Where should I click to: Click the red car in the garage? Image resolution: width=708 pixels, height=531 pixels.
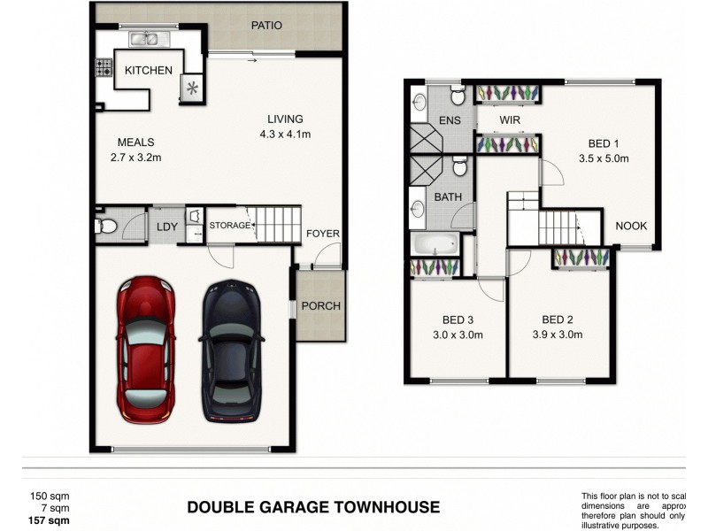pos(147,348)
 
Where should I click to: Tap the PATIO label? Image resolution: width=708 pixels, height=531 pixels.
pos(265,26)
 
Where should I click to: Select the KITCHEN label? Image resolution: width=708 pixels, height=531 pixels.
pos(148,71)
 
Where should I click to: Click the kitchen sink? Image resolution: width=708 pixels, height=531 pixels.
pos(146,39)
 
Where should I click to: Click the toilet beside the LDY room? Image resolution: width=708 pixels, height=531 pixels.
pos(105,227)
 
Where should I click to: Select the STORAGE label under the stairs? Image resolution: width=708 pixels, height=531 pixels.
pos(229,227)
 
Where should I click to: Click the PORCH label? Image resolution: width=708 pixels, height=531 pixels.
pos(320,307)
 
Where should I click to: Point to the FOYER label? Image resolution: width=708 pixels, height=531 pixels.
pos(323,234)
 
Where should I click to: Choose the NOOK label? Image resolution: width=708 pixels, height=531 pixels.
pos(631,226)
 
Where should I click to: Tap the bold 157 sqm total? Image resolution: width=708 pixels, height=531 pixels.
pos(50,520)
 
